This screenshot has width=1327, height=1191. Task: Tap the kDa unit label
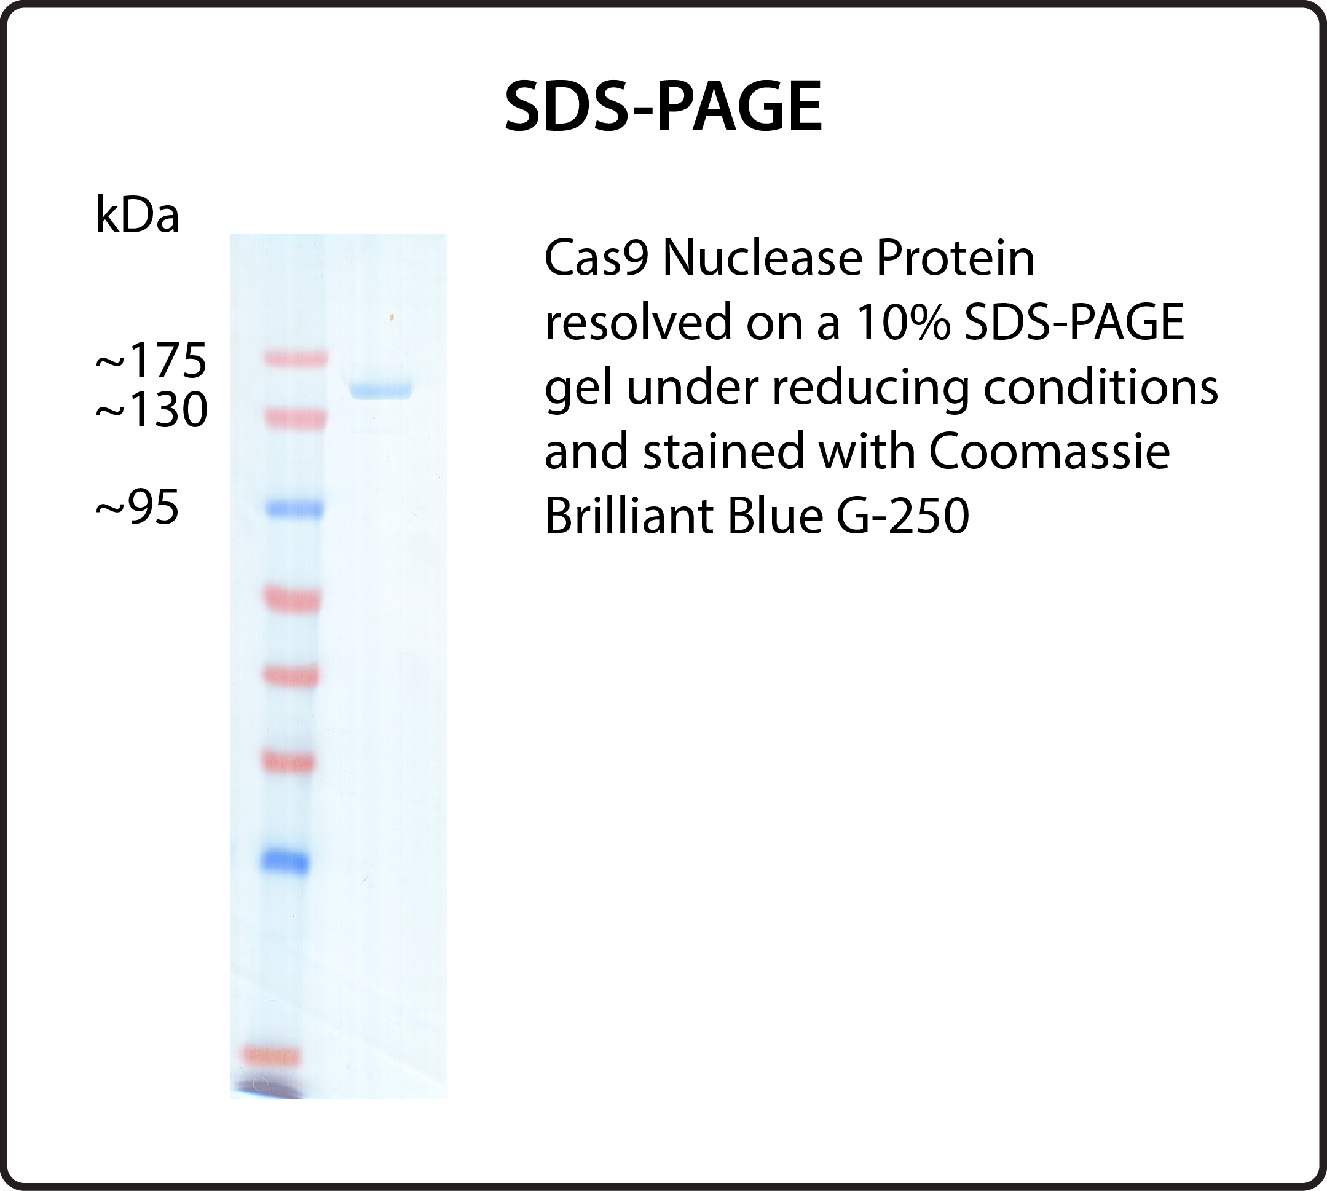click(138, 214)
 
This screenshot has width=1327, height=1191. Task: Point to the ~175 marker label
click(151, 361)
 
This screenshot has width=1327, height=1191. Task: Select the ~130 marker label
click(152, 411)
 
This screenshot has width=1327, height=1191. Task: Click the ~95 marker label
click(138, 507)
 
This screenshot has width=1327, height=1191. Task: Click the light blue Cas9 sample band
click(381, 390)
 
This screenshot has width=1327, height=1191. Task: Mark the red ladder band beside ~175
click(295, 358)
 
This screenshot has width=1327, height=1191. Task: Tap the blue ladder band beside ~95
click(294, 508)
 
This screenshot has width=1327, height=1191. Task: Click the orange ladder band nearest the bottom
click(271, 1056)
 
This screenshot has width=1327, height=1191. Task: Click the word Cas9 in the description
click(596, 259)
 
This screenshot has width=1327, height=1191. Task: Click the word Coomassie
click(1050, 452)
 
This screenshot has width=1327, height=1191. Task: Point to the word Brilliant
click(628, 516)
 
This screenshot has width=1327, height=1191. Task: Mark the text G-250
click(903, 516)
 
